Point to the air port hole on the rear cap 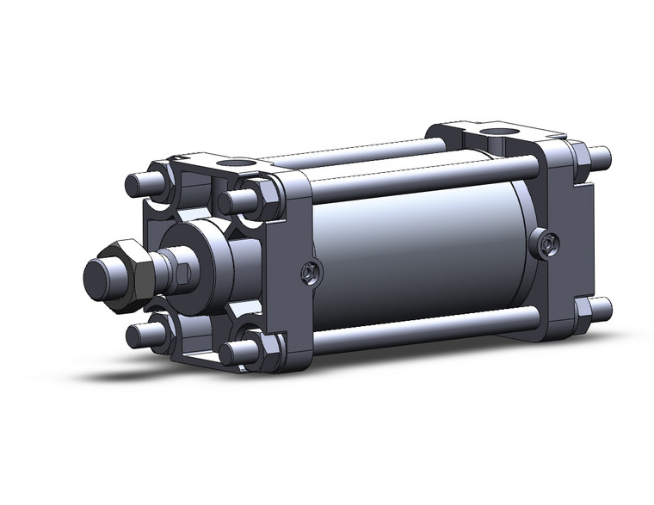coord(495,132)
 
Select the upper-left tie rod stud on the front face coord(139,184)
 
